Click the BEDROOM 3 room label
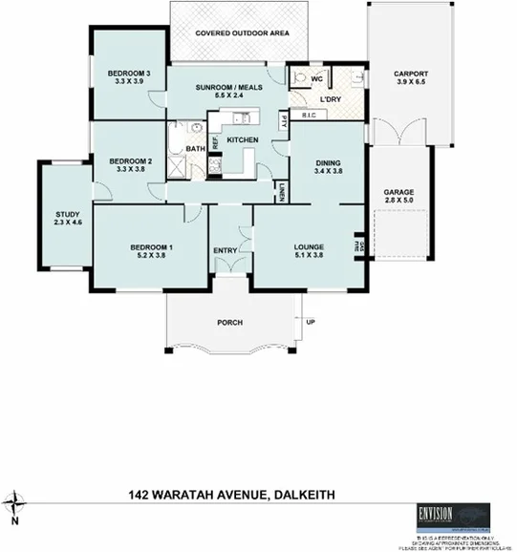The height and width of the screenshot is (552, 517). [x=129, y=74]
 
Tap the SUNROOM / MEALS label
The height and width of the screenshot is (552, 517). [x=227, y=88]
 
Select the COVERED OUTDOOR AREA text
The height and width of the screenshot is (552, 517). [x=241, y=33]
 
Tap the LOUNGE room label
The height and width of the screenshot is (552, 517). [x=309, y=246]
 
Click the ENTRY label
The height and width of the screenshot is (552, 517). [x=226, y=251]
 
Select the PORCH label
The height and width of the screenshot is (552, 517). [x=229, y=322]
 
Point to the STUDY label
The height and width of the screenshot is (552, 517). [x=67, y=215]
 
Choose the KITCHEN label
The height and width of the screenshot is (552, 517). [x=243, y=140]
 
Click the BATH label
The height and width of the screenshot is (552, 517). [x=195, y=149]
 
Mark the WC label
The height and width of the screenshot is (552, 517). [x=317, y=77]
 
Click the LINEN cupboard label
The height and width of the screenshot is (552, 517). [x=283, y=192]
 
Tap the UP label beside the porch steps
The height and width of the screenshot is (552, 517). [x=310, y=322]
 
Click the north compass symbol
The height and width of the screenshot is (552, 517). [x=15, y=503]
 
